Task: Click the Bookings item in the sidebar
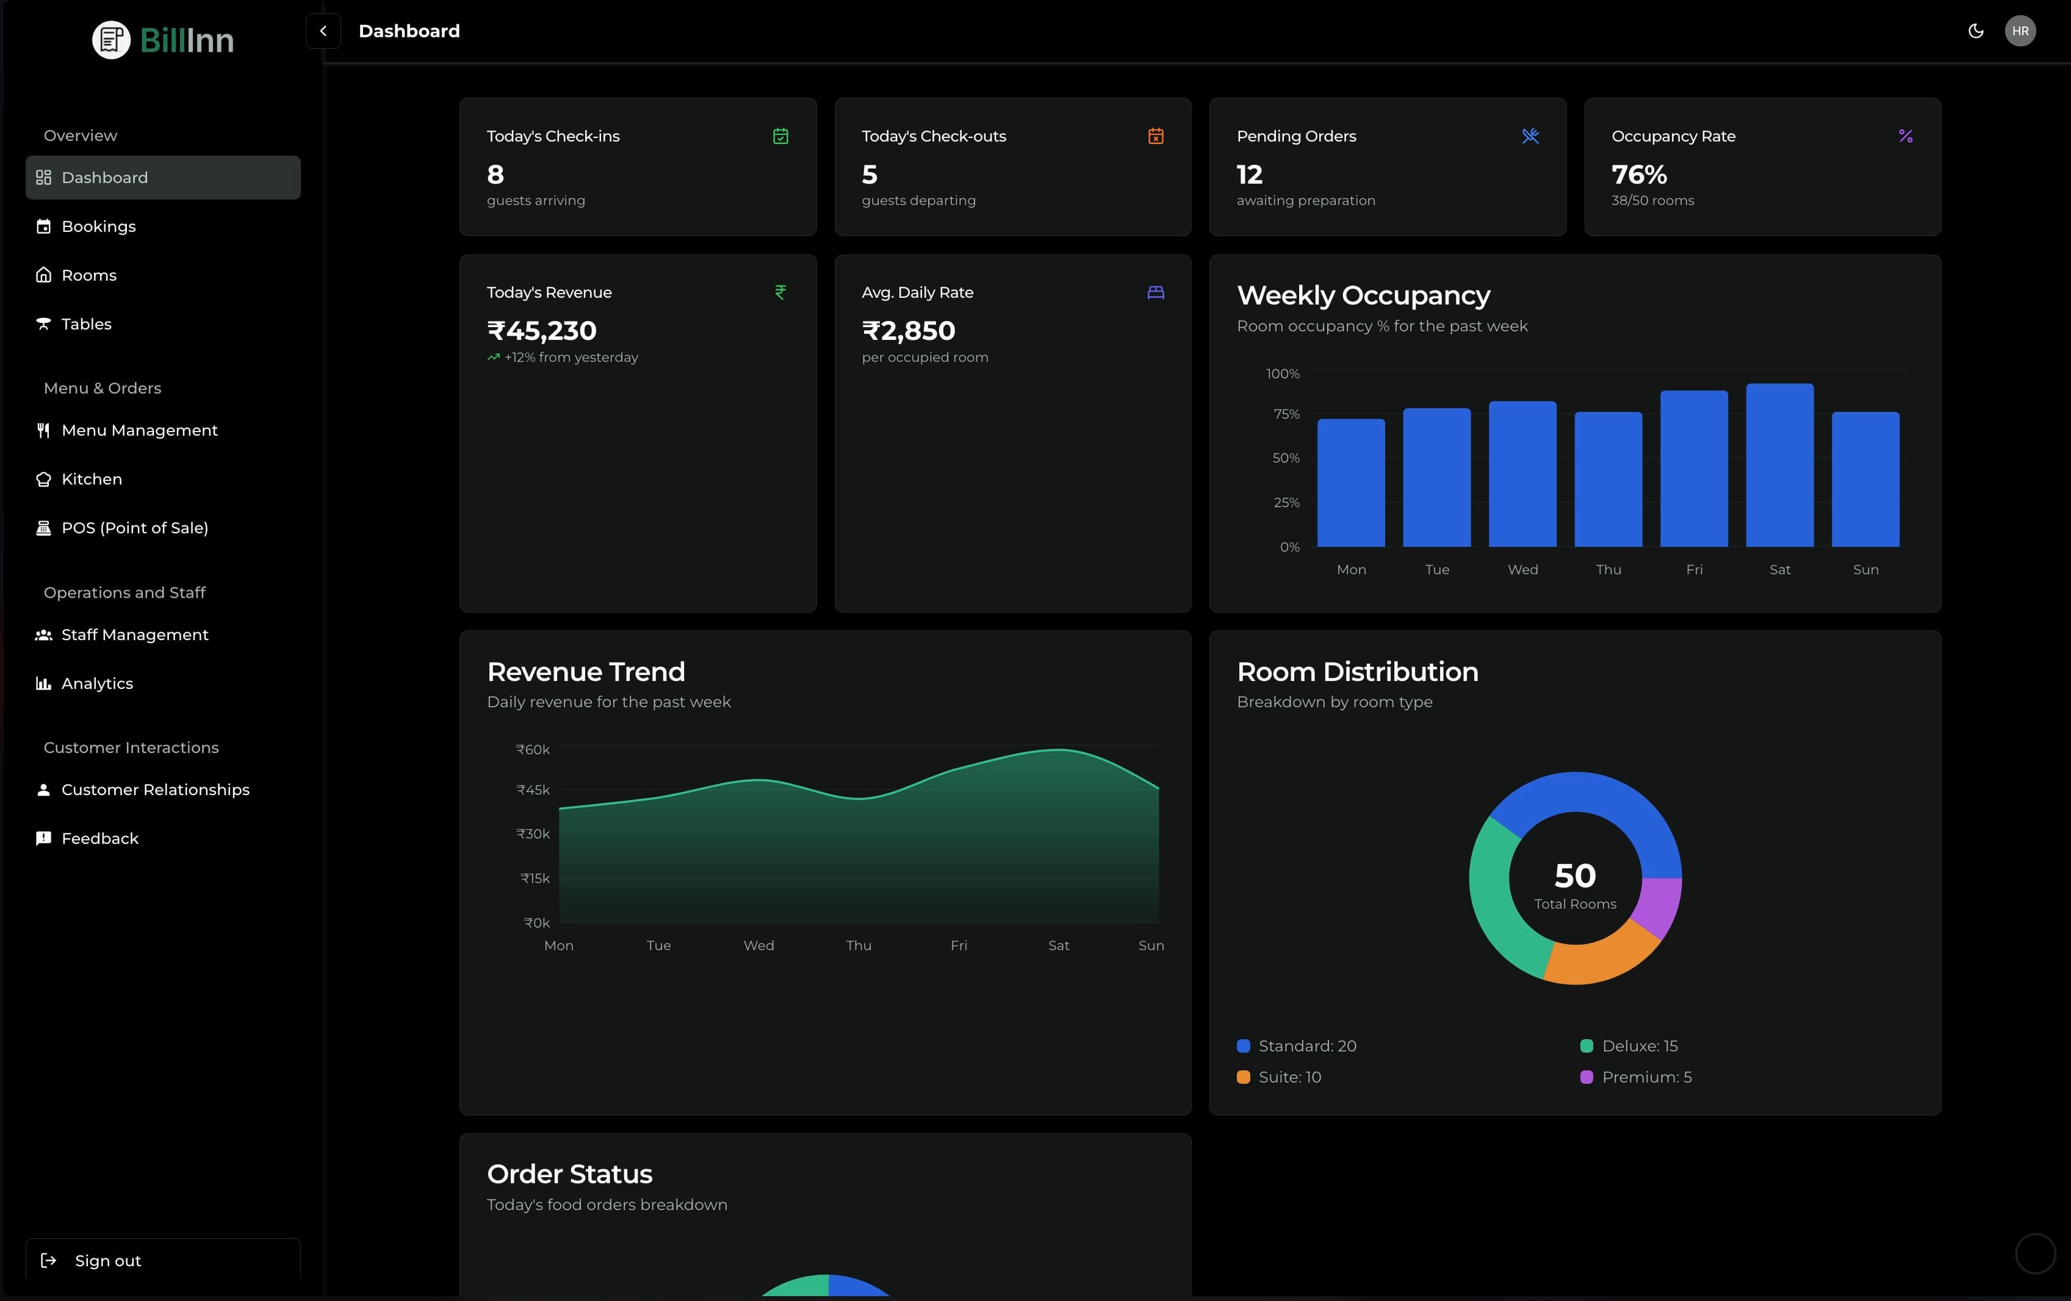(x=98, y=226)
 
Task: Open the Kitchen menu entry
(x=91, y=479)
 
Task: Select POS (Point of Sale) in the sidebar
(x=134, y=528)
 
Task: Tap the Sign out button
(x=107, y=1261)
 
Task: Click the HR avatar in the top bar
(x=2019, y=31)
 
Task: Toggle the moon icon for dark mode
(x=1976, y=31)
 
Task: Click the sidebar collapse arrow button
(x=323, y=31)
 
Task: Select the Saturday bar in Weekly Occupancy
(x=1779, y=465)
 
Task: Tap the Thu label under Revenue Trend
(x=859, y=945)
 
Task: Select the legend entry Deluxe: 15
(x=1638, y=1045)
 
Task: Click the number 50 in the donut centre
(x=1575, y=875)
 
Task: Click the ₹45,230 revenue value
(x=542, y=330)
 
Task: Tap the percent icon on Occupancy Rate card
(x=1905, y=136)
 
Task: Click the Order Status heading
(x=569, y=1173)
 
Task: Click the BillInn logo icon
(x=111, y=40)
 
